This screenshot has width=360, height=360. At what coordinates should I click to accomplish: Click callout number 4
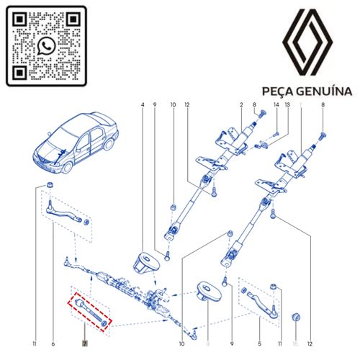click(143, 107)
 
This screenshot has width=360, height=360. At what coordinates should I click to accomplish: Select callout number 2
click(241, 107)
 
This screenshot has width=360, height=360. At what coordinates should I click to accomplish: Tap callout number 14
click(275, 107)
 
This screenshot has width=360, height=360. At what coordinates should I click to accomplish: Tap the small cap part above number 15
click(294, 317)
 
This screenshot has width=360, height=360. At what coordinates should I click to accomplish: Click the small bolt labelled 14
click(275, 134)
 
